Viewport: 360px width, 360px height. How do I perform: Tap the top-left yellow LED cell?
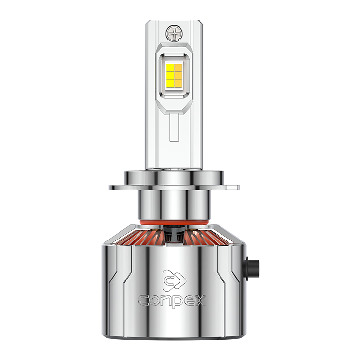(x=170, y=67)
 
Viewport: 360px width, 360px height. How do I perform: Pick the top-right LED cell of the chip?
(x=179, y=67)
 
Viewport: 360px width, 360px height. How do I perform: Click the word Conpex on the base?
(x=172, y=301)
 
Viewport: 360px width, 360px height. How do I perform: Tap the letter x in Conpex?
(x=199, y=300)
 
